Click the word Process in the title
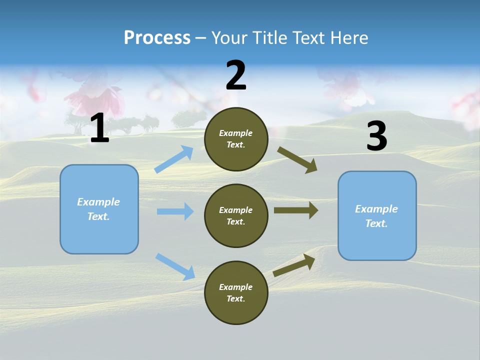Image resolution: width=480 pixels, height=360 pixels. pyautogui.click(x=157, y=38)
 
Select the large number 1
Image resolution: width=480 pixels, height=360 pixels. pyautogui.click(x=99, y=128)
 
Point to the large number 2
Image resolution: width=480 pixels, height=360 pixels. pyautogui.click(x=236, y=75)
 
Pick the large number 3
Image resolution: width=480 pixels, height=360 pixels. pyautogui.click(x=376, y=136)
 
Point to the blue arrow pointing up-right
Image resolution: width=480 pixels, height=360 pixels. pyautogui.click(x=174, y=159)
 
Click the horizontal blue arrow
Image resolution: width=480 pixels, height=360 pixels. pyautogui.click(x=175, y=211)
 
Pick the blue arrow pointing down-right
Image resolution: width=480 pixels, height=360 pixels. pyautogui.click(x=175, y=266)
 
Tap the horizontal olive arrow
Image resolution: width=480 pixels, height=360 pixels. pyautogui.click(x=296, y=210)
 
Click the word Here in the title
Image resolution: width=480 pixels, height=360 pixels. pyautogui.click(x=350, y=38)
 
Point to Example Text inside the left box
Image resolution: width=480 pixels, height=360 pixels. pyautogui.click(x=98, y=209)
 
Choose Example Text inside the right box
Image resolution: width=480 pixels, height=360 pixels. pyautogui.click(x=376, y=216)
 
